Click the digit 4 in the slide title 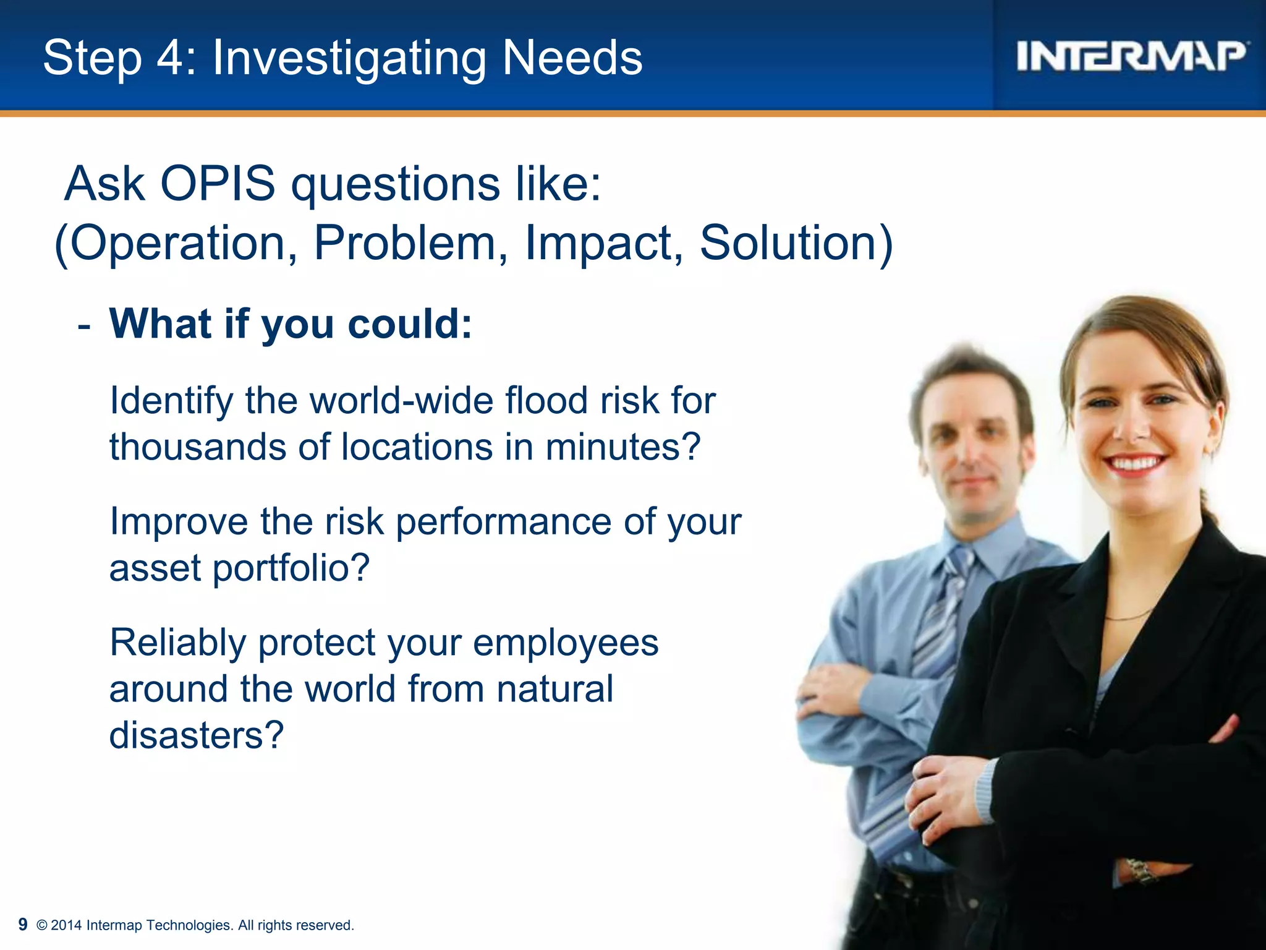[x=170, y=58]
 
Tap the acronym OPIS [x=218, y=184]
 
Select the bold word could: [x=410, y=323]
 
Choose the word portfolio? [x=291, y=568]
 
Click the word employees [x=566, y=643]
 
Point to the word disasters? [x=197, y=735]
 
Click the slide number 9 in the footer [x=23, y=924]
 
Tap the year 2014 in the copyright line [x=66, y=925]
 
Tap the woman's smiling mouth [x=1134, y=463]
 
